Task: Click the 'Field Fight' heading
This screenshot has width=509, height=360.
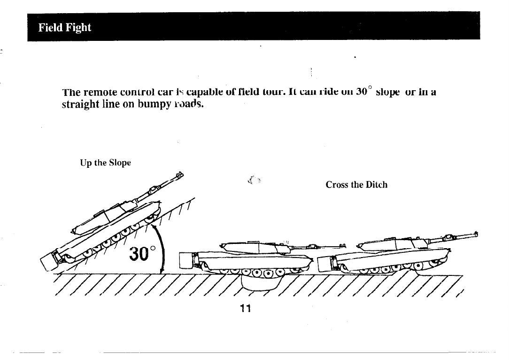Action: click(65, 27)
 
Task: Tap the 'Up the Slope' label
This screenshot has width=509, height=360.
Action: click(105, 163)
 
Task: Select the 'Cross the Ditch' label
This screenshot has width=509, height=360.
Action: click(356, 185)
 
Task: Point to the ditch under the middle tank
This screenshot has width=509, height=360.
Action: click(260, 282)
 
